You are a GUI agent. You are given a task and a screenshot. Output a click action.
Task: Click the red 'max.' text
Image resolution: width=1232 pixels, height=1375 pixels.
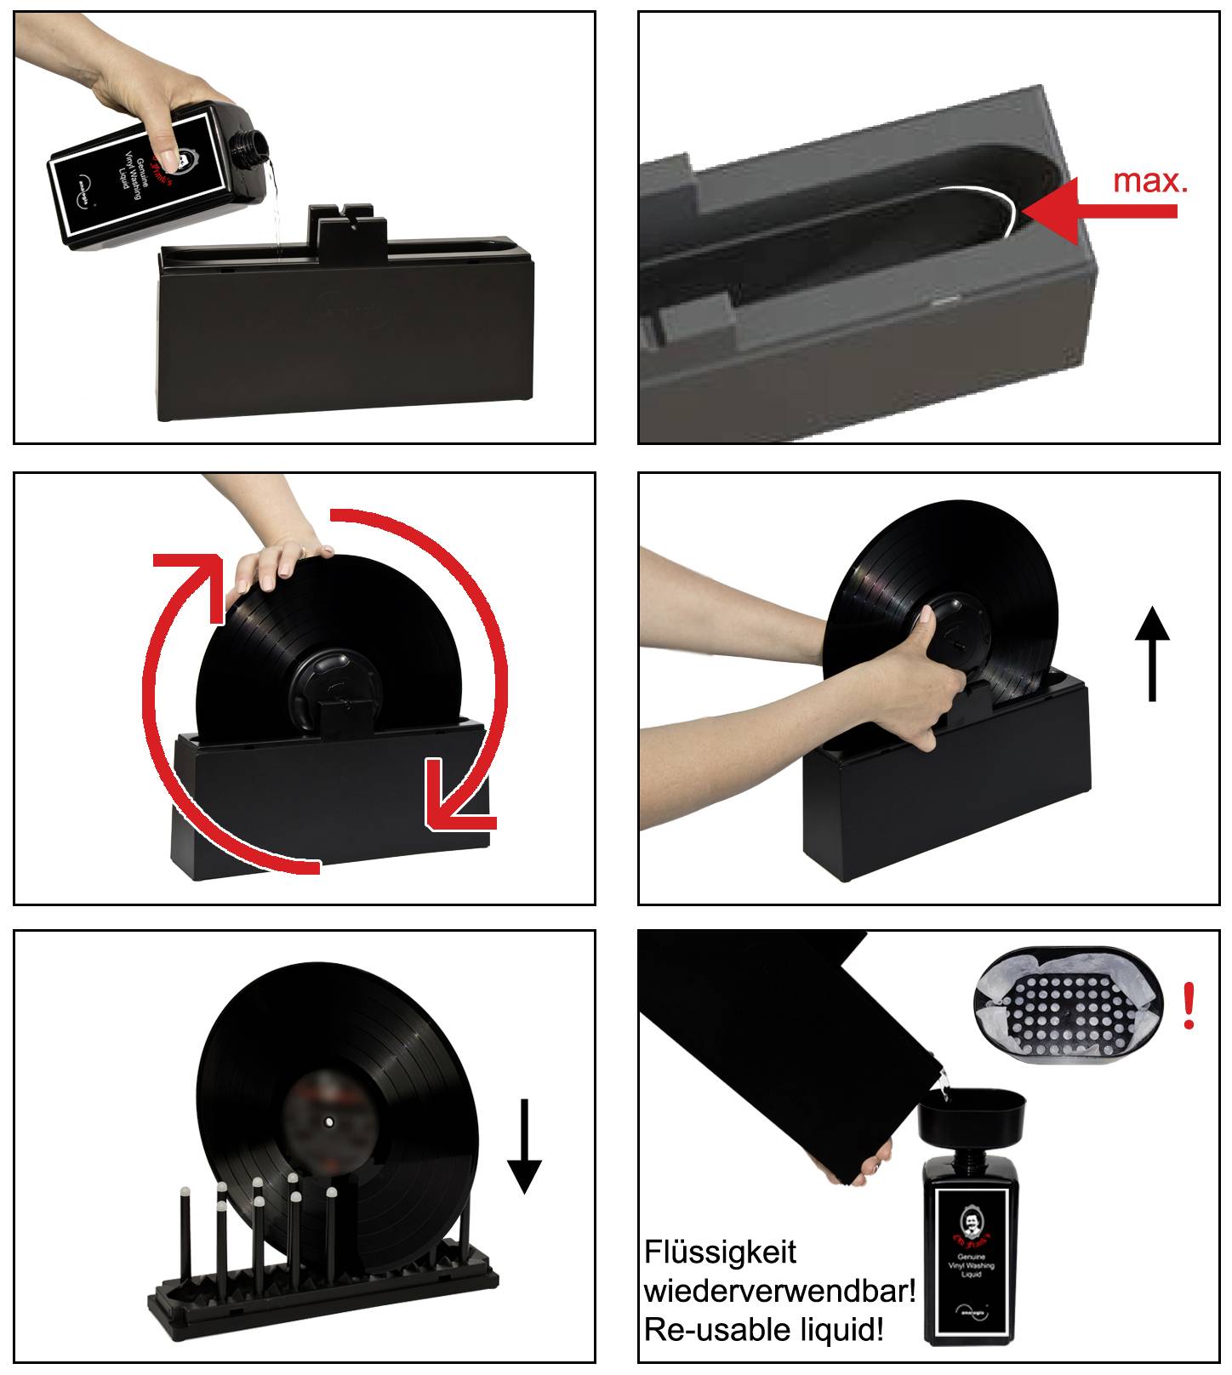(1149, 180)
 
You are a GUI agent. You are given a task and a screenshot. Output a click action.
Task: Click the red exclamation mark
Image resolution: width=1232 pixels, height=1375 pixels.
(1189, 1006)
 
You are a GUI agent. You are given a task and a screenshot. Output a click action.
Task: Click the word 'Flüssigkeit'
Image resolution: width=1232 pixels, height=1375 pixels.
(720, 1252)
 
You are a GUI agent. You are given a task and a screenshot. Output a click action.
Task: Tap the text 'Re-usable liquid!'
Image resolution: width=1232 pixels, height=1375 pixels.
(763, 1328)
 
